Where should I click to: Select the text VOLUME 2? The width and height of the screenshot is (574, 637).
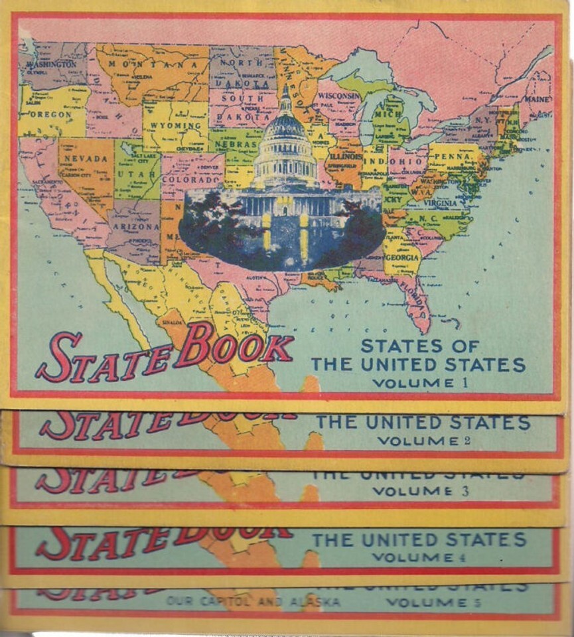[x=424, y=440]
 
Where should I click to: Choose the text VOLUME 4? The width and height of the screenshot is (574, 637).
[x=420, y=557]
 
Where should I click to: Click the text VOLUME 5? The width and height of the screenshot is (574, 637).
[x=435, y=602]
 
